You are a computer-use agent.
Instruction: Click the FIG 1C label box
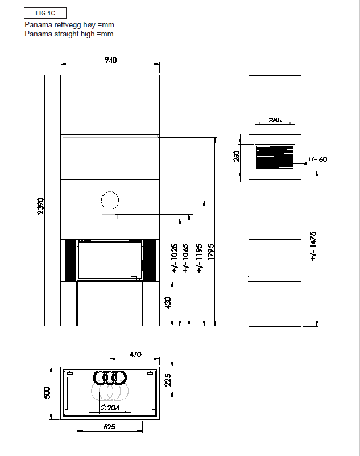[x=45, y=13]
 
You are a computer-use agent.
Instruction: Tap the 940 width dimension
[x=111, y=60]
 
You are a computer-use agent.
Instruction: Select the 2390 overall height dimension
[x=41, y=206]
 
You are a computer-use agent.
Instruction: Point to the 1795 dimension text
[x=211, y=252]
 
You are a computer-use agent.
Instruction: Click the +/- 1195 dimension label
[x=199, y=258]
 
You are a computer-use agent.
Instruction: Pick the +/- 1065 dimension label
[x=185, y=258]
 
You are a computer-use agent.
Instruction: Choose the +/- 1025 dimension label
[x=175, y=258]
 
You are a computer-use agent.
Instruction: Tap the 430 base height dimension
[x=168, y=303]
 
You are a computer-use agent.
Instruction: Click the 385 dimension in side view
[x=275, y=120]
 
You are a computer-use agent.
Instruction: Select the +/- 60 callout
[x=317, y=159]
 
